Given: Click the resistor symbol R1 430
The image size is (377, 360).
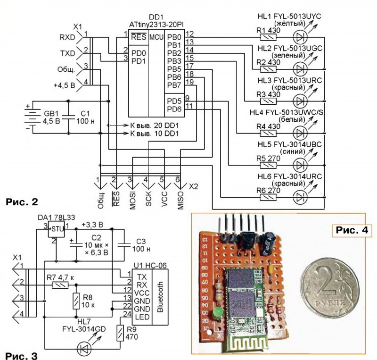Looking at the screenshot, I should point(268,36).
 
